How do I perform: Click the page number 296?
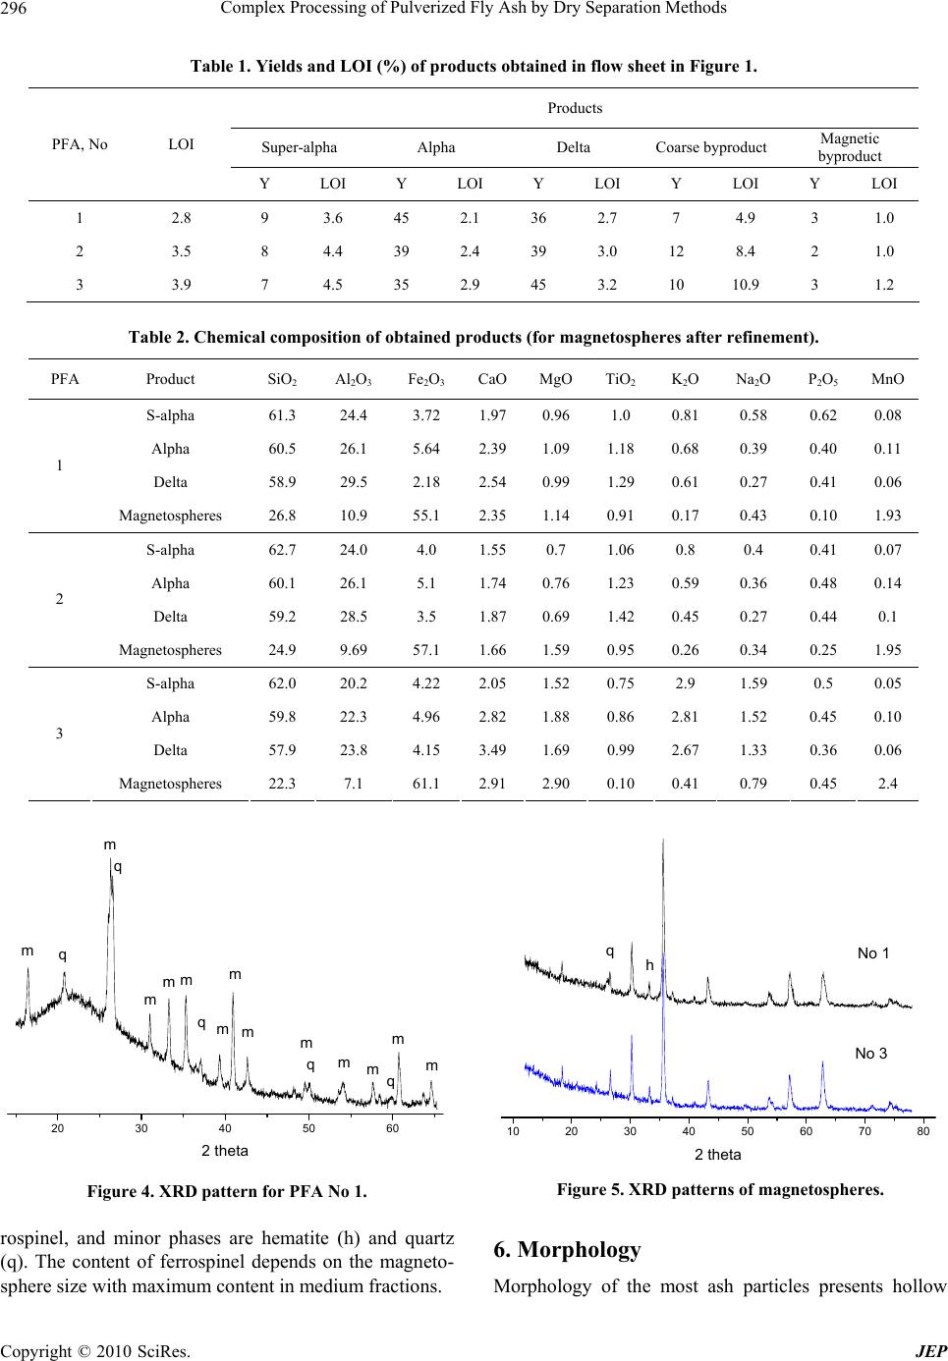coord(14,9)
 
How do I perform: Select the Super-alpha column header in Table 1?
coord(299,147)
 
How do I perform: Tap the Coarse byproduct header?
coord(711,147)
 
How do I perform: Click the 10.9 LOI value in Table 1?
coord(745,285)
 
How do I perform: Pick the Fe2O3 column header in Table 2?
coord(426,380)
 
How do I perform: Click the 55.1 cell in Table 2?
coord(426,516)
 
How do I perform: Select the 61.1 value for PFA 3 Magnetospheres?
coord(426,784)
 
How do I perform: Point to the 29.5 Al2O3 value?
coord(353,482)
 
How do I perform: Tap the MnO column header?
coord(887,379)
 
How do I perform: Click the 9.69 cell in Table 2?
coord(353,650)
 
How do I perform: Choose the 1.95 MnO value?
coord(887,650)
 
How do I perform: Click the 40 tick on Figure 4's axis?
coord(225,1128)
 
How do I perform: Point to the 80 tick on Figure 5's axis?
coord(923,1131)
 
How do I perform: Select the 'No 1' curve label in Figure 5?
coord(872,953)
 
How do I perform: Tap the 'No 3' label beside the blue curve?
coord(870,1054)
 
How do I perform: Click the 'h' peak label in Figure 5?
coord(649,965)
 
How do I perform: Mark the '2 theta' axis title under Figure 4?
coord(225,1151)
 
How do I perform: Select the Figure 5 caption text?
coord(720,1190)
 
